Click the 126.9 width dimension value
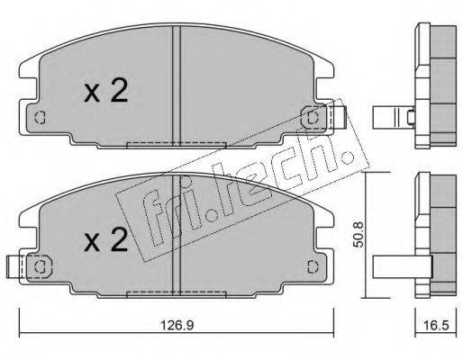[x=177, y=325]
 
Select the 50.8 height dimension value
[x=359, y=235]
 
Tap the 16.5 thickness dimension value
[x=435, y=325]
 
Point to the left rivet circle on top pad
[x=40, y=118]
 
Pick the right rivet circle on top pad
[x=313, y=118]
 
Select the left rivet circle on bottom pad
[x=40, y=266]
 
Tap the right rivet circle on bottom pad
[x=313, y=266]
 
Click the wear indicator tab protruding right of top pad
[x=340, y=117]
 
